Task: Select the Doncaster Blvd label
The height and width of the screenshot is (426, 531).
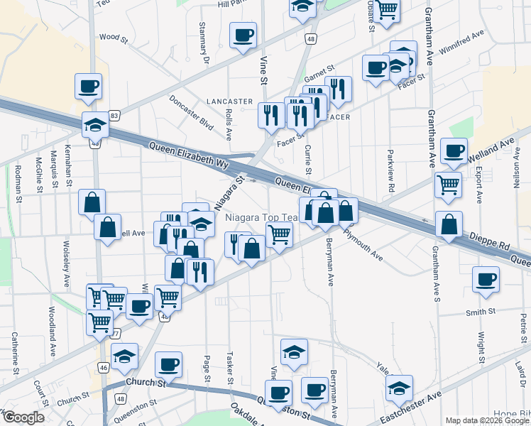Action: click(x=192, y=112)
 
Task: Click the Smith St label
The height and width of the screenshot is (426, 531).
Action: click(x=481, y=312)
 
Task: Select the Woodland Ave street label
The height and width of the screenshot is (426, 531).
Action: click(x=52, y=332)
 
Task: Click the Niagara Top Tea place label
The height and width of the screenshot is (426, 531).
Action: click(x=261, y=218)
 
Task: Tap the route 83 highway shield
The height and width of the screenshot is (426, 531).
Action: click(x=114, y=115)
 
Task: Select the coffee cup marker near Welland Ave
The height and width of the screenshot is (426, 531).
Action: click(x=454, y=151)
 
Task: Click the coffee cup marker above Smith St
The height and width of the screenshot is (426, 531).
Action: click(x=486, y=278)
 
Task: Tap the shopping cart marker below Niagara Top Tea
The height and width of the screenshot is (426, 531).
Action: click(x=279, y=233)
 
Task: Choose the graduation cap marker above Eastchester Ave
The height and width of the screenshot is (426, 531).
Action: click(x=399, y=388)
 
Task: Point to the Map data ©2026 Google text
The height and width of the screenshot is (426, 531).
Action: click(x=488, y=420)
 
